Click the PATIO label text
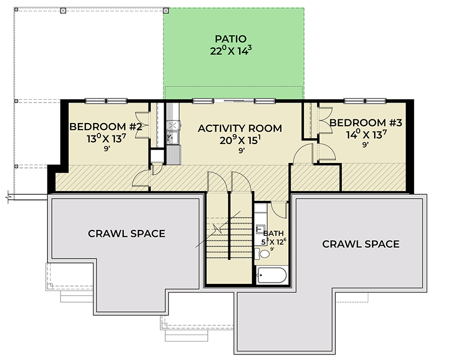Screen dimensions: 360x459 coord(231,39)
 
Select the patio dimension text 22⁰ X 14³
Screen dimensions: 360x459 coord(231,51)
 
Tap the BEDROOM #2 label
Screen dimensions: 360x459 coord(106,127)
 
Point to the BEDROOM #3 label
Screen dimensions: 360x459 coord(366,123)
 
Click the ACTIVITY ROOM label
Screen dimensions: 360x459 coord(240,128)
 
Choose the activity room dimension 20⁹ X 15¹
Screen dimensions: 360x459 coord(240,140)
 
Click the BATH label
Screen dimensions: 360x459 coord(271,234)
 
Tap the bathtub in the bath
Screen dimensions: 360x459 coord(272,276)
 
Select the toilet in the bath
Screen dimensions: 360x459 coord(258,253)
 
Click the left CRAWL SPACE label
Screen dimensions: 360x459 coord(126,233)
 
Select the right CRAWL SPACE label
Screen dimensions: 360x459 coord(361,244)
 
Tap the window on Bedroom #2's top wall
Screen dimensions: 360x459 coord(106,100)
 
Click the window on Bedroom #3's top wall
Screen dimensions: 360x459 coord(366,100)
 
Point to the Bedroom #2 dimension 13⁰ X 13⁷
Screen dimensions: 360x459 coord(106,138)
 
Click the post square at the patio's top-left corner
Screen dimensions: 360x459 coord(166,10)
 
